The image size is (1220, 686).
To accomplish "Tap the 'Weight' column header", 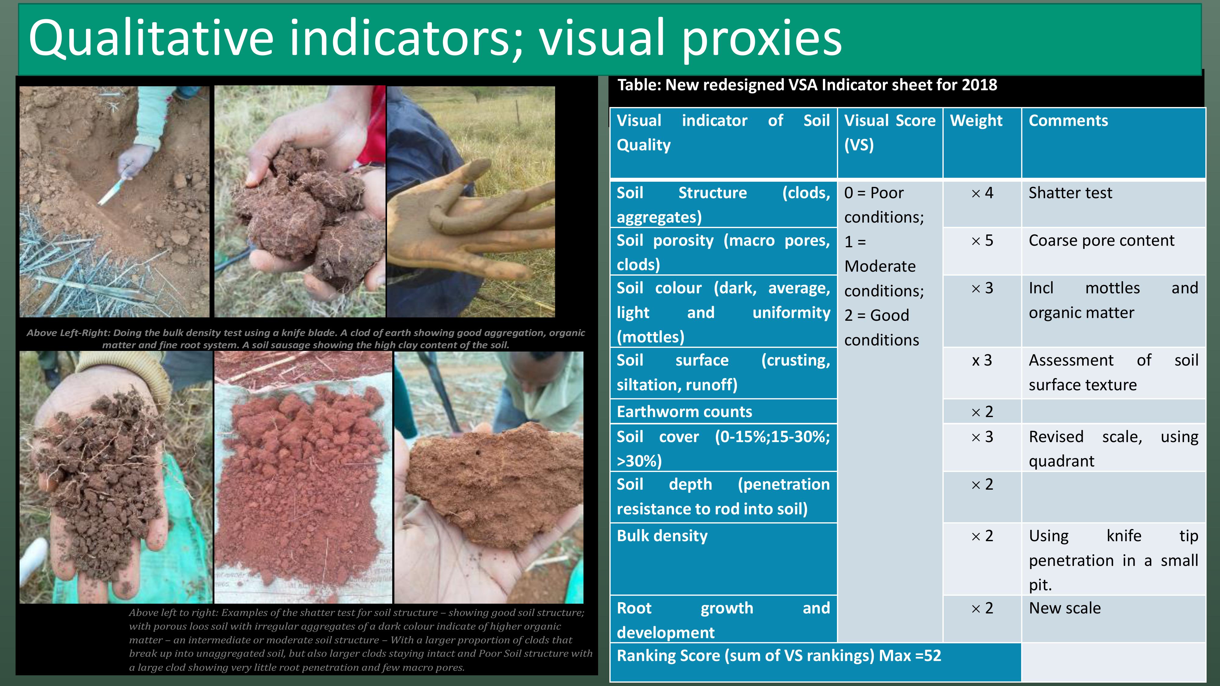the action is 976,121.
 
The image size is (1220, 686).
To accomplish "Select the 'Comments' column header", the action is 1068,121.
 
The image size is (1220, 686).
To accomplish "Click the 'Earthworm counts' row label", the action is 684,411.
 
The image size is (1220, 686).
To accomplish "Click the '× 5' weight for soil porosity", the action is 982,241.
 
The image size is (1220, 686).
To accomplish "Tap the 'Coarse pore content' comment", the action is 1102,241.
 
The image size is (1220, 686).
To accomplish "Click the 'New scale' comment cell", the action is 1065,608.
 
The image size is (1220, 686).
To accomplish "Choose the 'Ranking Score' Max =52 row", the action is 779,656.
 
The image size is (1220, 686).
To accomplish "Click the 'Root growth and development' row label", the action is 723,620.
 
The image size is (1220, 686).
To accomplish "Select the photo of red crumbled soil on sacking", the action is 303,477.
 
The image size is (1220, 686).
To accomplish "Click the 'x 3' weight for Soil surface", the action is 982,360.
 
